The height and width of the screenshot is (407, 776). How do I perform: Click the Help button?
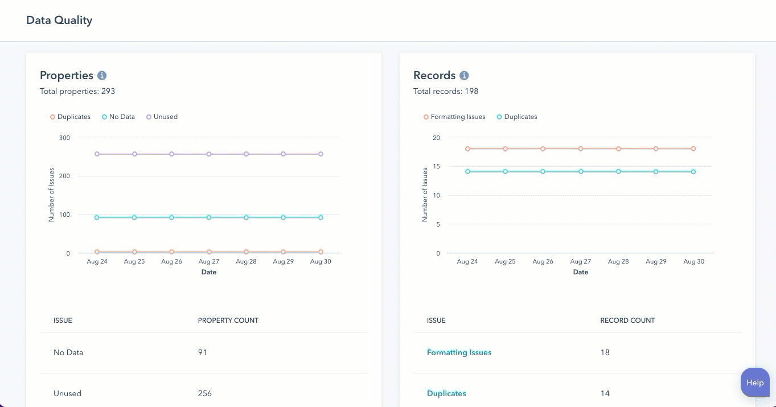click(x=755, y=383)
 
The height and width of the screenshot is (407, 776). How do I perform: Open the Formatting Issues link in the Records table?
click(x=459, y=352)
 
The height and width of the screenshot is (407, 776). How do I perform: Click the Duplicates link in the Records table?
click(x=446, y=393)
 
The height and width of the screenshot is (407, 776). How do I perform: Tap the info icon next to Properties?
click(x=102, y=76)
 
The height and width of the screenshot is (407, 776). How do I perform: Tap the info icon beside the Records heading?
click(x=464, y=76)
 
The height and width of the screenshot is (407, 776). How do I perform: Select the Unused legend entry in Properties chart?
click(x=162, y=117)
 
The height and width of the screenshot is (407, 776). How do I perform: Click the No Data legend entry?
click(x=118, y=117)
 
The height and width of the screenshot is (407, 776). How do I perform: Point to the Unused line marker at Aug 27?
click(x=209, y=154)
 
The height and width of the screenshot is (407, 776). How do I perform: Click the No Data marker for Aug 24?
click(x=97, y=217)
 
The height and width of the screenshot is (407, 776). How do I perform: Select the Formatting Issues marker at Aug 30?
click(x=693, y=149)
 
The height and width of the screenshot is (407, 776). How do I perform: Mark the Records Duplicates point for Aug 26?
click(x=543, y=171)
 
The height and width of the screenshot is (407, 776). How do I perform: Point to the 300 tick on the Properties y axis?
click(x=64, y=138)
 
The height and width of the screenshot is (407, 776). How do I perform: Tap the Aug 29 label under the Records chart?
click(x=656, y=262)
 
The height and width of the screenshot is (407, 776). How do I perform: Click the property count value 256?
click(x=205, y=393)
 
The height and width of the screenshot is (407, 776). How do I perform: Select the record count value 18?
click(x=605, y=352)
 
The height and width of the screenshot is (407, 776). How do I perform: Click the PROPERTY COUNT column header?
click(x=228, y=320)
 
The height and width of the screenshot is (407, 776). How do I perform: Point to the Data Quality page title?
click(x=59, y=20)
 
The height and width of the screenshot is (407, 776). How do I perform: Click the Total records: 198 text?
click(x=446, y=91)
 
